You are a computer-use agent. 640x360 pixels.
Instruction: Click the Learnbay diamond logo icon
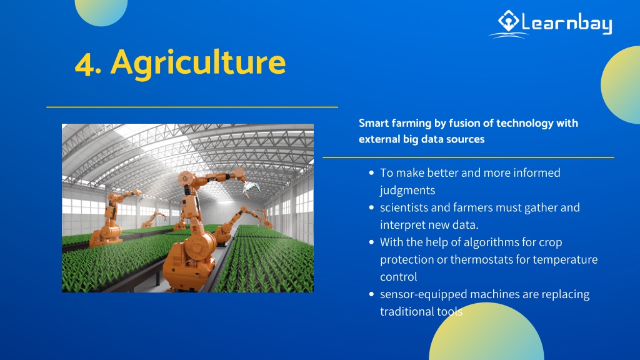508,21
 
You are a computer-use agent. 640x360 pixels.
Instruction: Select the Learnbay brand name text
567,23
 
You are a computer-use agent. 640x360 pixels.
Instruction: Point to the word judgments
407,191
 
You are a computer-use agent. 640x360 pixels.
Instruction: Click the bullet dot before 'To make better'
371,173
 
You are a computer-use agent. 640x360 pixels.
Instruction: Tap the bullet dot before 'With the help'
371,242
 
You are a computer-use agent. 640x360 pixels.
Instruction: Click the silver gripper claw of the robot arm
251,189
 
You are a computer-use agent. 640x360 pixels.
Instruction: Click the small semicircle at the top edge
101,11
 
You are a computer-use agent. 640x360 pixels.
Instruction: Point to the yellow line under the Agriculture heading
192,107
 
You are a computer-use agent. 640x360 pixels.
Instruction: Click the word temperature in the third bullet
565,260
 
